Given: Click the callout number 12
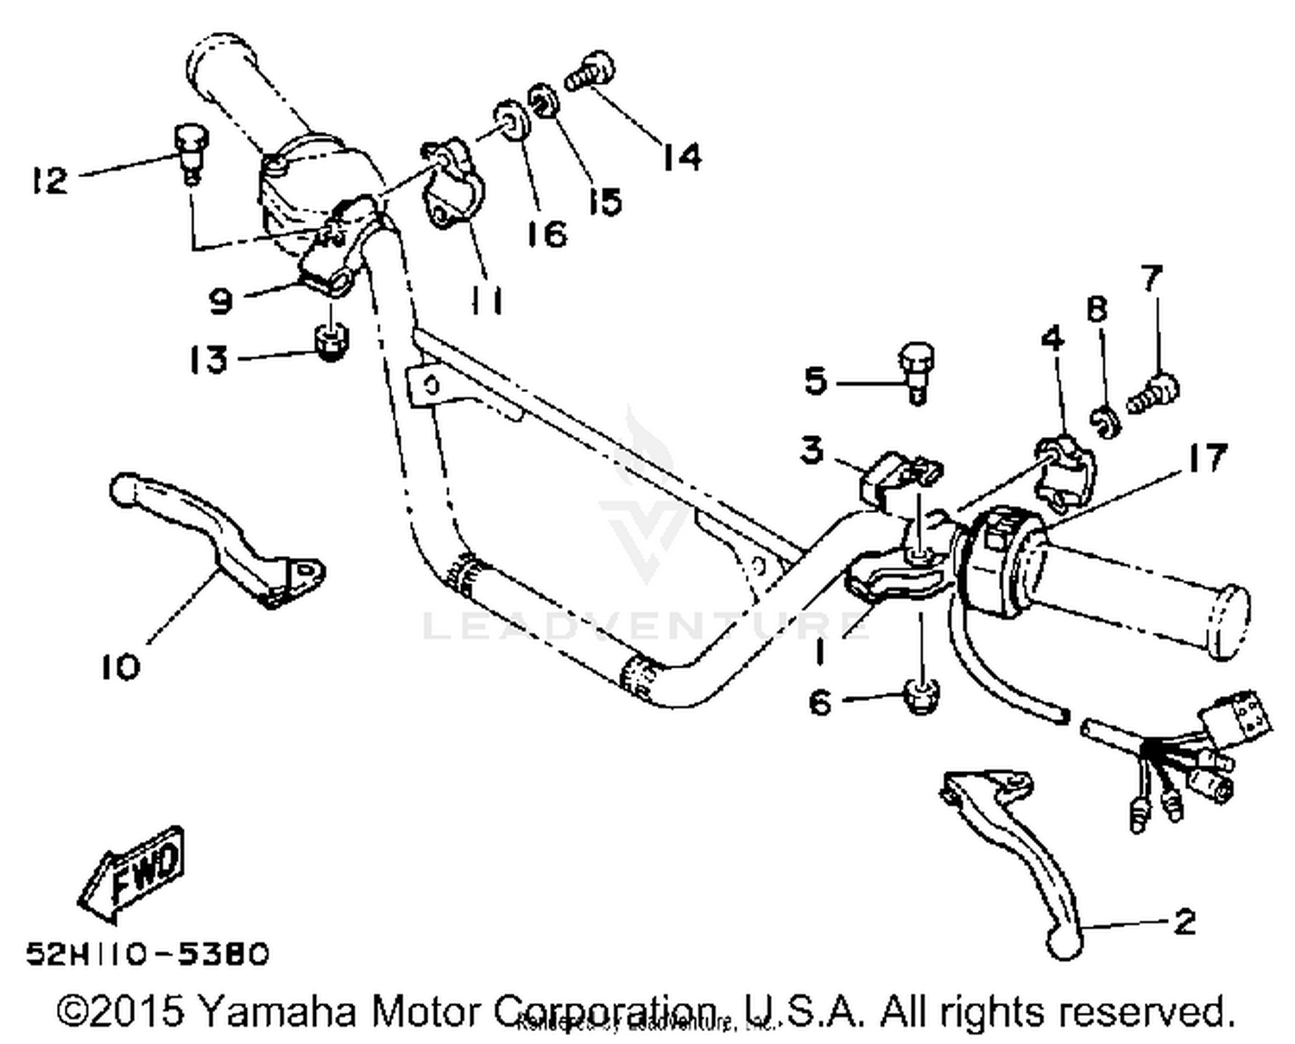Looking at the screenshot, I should tap(48, 180).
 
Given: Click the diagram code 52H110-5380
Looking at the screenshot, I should tap(148, 953).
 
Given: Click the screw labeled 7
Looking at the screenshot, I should tap(1154, 394).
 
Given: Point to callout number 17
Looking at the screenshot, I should tap(1205, 458).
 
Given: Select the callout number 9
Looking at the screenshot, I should tap(221, 301).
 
